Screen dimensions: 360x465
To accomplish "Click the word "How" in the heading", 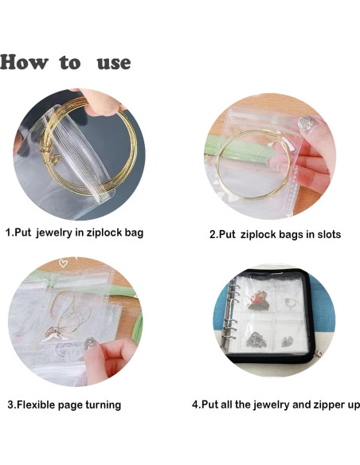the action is [24, 62].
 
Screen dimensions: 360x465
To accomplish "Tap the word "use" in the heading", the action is [114, 63].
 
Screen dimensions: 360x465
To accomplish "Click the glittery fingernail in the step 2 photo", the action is [306, 123].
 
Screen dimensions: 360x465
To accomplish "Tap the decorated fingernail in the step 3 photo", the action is [90, 343].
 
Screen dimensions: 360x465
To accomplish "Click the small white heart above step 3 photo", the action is [63, 262].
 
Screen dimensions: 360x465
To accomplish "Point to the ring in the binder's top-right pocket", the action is [289, 302].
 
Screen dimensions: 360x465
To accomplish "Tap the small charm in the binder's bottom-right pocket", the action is [287, 341].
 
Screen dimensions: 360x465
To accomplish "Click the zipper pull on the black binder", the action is [320, 354].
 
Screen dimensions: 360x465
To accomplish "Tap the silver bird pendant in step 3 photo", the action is [56, 333].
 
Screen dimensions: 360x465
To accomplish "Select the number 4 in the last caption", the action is [195, 404].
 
